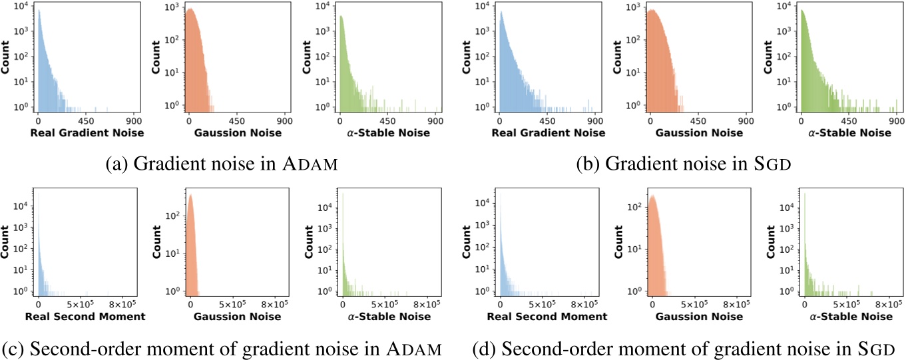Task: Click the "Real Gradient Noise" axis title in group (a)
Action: tap(87, 133)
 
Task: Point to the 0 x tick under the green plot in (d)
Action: tap(803, 305)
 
